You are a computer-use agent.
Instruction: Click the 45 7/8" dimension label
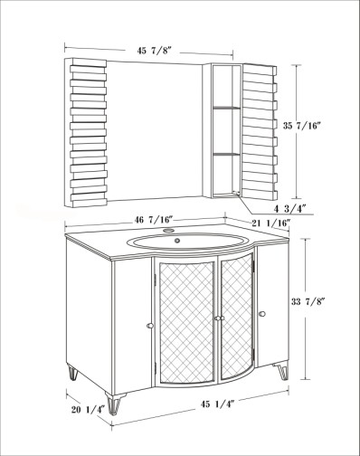pyautogui.click(x=154, y=51)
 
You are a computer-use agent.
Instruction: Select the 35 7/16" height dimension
pyautogui.click(x=300, y=126)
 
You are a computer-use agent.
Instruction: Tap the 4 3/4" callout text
pyautogui.click(x=290, y=208)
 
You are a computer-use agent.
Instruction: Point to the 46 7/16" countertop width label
pyautogui.click(x=154, y=220)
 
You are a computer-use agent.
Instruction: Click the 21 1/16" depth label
pyautogui.click(x=271, y=223)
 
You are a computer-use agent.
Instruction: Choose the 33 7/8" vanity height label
pyautogui.click(x=308, y=301)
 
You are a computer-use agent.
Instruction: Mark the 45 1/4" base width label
pyautogui.click(x=217, y=404)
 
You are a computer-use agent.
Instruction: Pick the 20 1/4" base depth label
pyautogui.click(x=88, y=410)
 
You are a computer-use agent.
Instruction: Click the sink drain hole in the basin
pyautogui.click(x=177, y=241)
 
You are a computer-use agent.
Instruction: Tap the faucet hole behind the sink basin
pyautogui.click(x=169, y=231)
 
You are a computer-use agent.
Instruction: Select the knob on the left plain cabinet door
pyautogui.click(x=150, y=326)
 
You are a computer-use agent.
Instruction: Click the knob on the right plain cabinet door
pyautogui.click(x=262, y=314)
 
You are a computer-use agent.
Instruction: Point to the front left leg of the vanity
pyautogui.click(x=114, y=404)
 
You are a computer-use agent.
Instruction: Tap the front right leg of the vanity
pyautogui.click(x=282, y=371)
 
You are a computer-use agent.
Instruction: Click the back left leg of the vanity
pyautogui.click(x=72, y=373)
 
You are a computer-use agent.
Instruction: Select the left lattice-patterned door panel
pyautogui.click(x=186, y=323)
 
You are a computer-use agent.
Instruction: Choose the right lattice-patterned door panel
pyautogui.click(x=237, y=317)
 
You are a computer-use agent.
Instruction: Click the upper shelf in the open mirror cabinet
pyautogui.click(x=227, y=108)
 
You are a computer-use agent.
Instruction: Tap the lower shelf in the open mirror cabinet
pyautogui.click(x=227, y=154)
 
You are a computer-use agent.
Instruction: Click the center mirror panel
pyautogui.click(x=154, y=130)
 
